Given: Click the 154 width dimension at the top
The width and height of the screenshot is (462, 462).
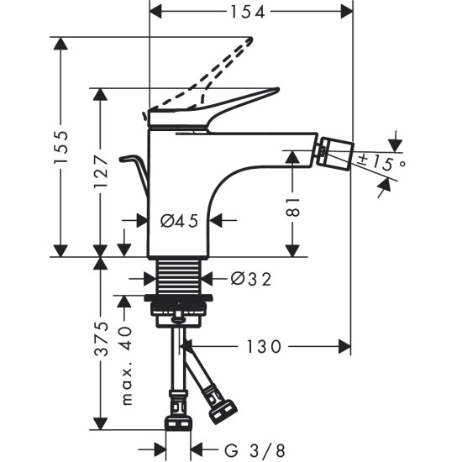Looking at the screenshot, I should coord(249,12).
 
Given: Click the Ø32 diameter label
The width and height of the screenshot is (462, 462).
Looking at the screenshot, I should coord(249,278).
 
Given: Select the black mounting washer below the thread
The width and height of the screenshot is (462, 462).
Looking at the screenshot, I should coord(177,299).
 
